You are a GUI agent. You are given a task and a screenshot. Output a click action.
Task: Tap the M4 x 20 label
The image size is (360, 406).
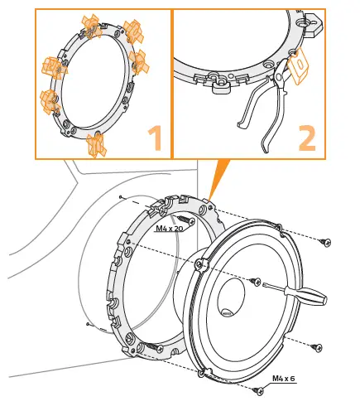coord(170,227)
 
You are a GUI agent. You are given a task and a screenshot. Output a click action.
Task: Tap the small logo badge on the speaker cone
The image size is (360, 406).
coord(227,314)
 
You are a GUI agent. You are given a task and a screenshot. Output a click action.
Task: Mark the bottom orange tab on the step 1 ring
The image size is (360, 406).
coord(99,145)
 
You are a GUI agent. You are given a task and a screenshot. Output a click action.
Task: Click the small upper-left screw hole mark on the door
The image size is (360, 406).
coord(121,197)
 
